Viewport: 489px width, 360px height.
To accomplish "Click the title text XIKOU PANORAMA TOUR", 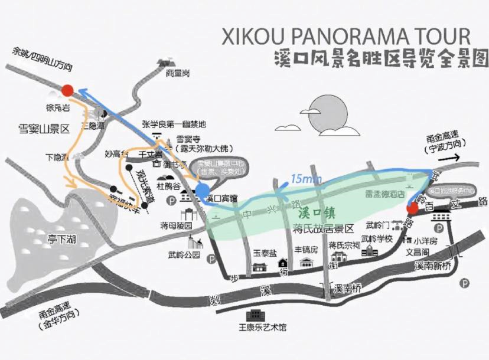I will click(346, 35).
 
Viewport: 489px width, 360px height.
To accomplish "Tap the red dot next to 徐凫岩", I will click(67, 90).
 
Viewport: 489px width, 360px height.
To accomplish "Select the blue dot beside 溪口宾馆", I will click(202, 190).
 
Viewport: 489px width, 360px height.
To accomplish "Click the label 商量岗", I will click(178, 73).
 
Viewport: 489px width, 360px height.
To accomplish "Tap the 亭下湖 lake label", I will click(63, 240).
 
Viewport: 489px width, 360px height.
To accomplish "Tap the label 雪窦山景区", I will click(44, 128).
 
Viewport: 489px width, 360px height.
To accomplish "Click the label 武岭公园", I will click(180, 255).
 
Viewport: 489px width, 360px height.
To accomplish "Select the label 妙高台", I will click(116, 155).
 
